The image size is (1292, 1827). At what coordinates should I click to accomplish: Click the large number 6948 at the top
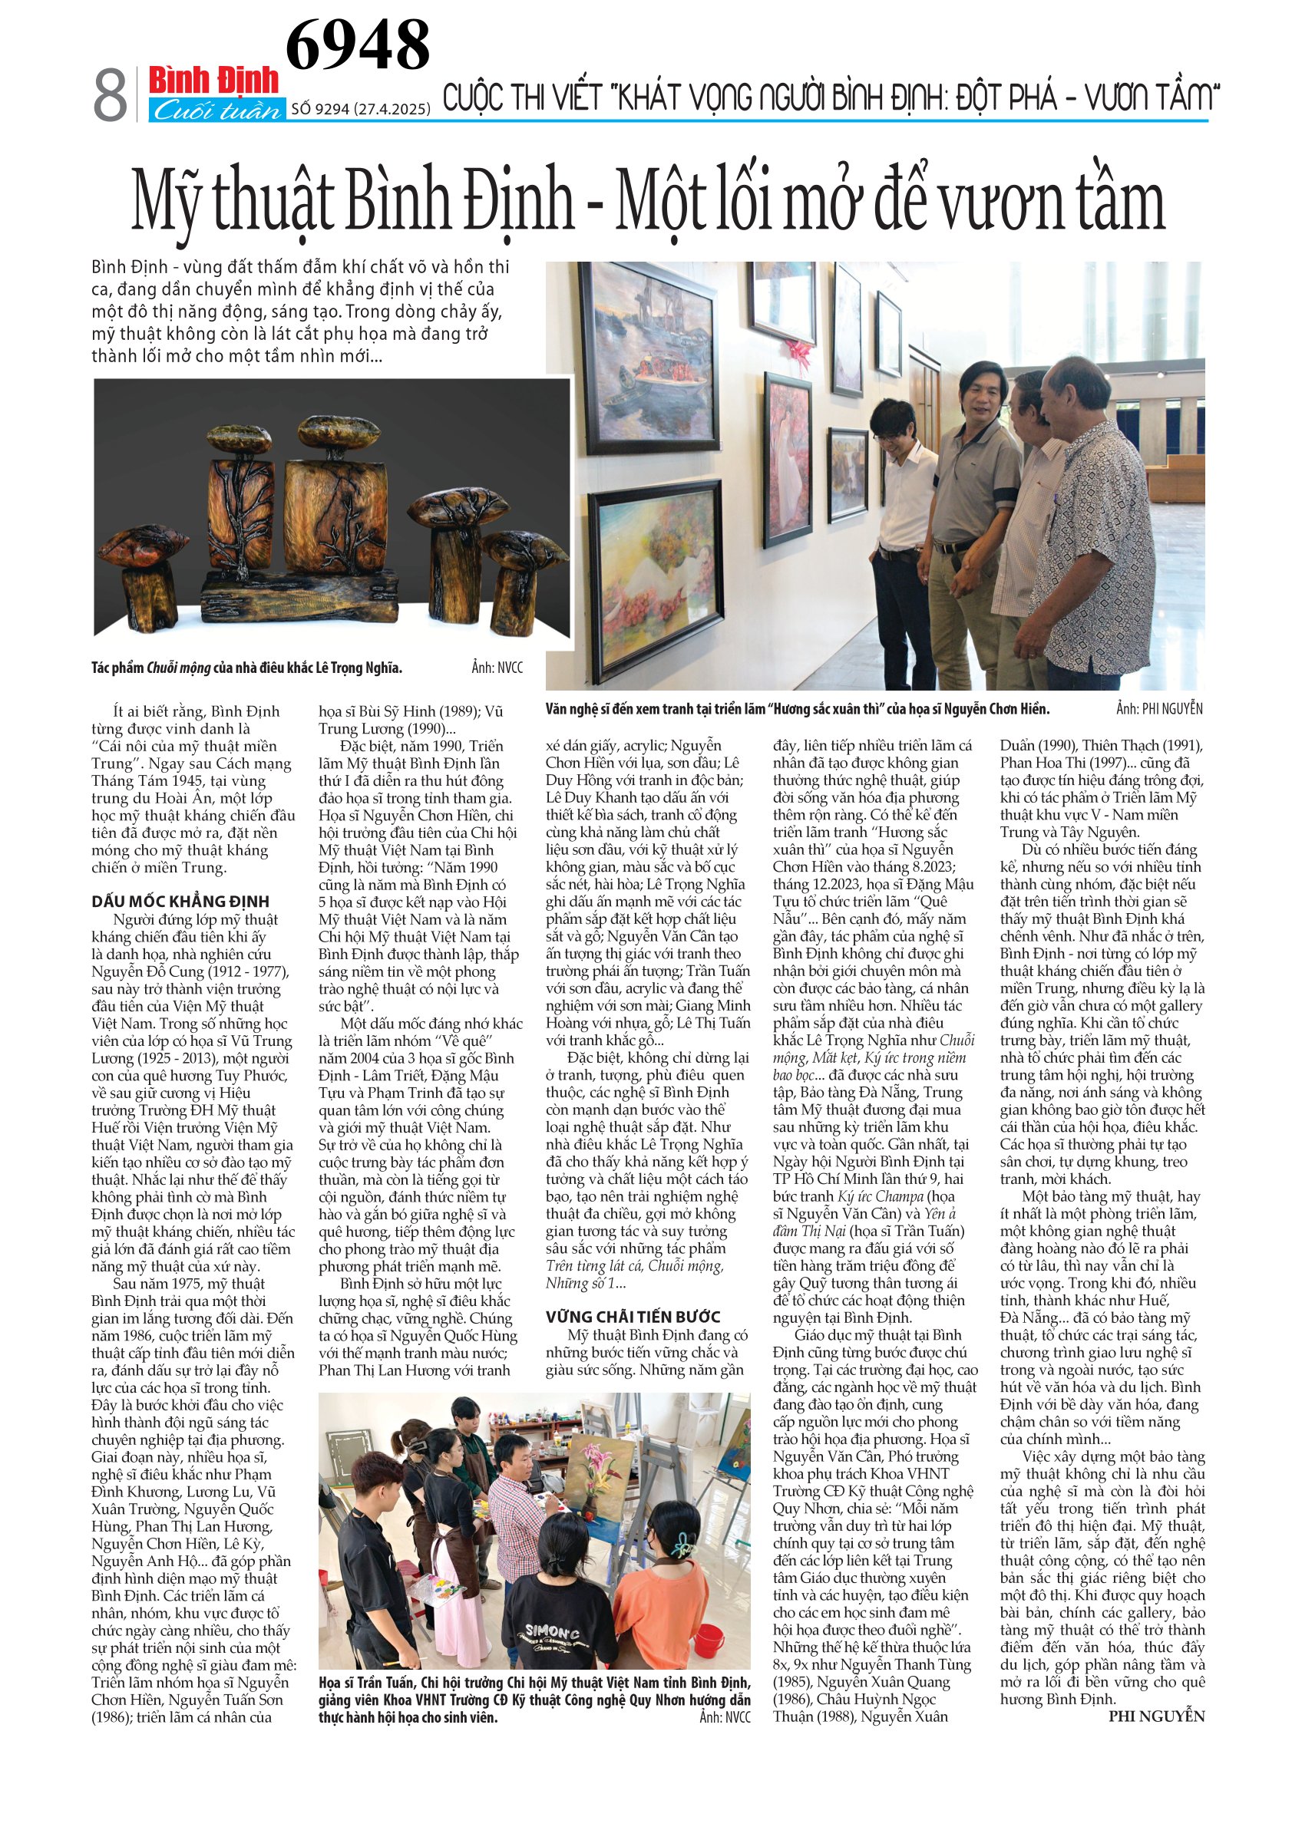358,45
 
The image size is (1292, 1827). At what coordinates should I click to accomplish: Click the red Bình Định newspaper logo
213,81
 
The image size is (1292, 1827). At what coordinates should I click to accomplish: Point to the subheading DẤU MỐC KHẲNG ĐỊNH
180,901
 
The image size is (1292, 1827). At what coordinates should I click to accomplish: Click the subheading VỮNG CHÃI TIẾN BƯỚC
633,1317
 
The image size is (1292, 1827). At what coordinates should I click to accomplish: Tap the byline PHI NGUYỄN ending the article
1156,1717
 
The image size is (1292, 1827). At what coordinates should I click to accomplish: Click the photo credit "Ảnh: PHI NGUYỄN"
1158,709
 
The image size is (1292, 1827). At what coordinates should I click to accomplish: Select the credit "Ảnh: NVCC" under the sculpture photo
497,668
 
